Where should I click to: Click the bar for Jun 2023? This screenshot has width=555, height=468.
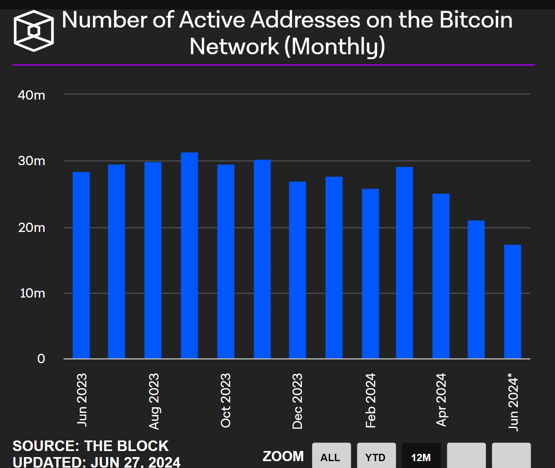(81, 265)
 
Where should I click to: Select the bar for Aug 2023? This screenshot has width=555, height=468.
(153, 260)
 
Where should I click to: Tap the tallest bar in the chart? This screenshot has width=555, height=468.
(189, 255)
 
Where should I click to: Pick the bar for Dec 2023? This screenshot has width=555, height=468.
(297, 270)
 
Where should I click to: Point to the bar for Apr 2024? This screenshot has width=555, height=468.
(441, 276)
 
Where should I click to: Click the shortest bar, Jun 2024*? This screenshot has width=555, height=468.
(512, 302)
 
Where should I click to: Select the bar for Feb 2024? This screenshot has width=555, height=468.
(370, 274)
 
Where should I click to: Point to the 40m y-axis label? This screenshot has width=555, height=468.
(32, 96)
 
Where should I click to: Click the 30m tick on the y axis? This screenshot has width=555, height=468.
(32, 161)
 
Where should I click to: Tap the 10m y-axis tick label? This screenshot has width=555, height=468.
(32, 293)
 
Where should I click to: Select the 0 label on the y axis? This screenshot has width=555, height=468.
(41, 359)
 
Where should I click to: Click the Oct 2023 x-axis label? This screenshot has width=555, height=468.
(226, 400)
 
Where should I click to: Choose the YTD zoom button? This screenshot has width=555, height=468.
(376, 457)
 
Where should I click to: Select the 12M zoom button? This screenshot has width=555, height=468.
(421, 457)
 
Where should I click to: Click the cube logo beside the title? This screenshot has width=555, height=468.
(34, 31)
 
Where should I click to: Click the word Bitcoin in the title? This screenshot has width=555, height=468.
(476, 20)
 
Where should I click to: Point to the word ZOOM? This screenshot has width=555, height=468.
(283, 456)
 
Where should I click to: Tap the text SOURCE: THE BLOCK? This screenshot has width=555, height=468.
(90, 446)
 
